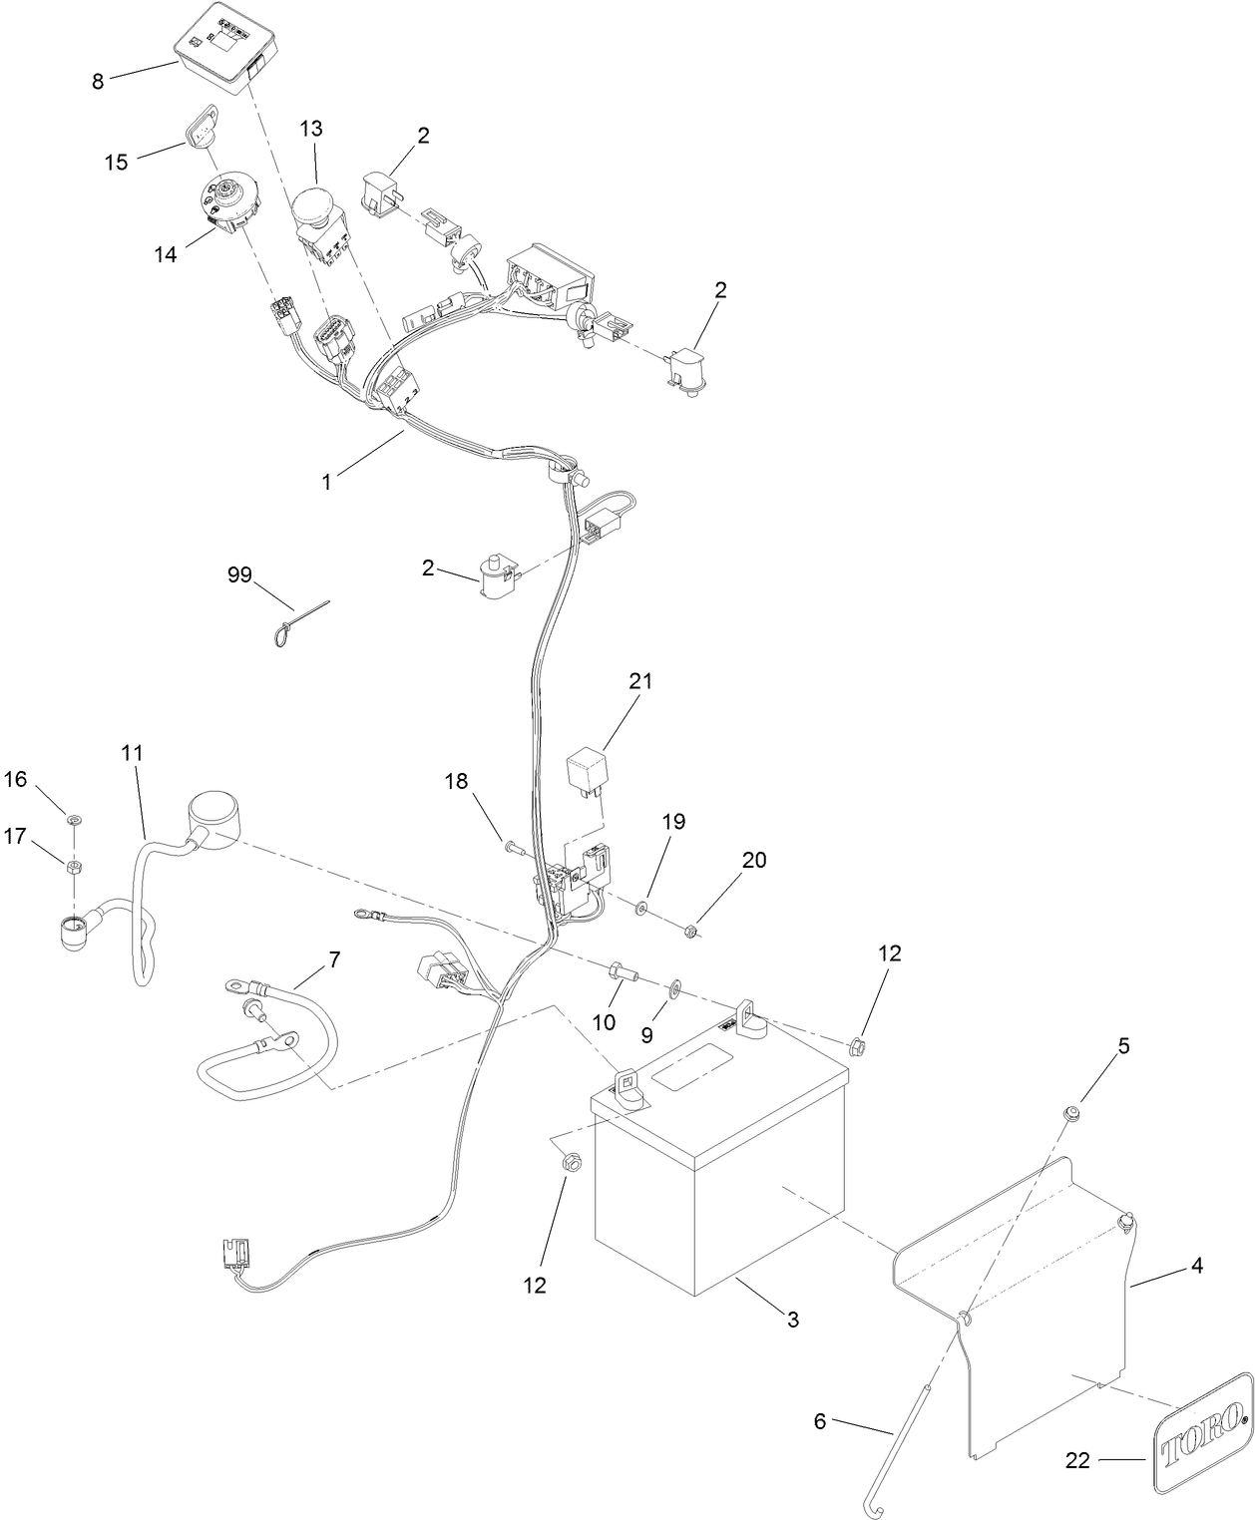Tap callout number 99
point(239,574)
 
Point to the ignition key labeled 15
point(196,126)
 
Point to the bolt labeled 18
point(516,847)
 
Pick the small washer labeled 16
point(73,820)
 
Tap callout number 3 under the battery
point(793,1320)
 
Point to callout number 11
point(133,753)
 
